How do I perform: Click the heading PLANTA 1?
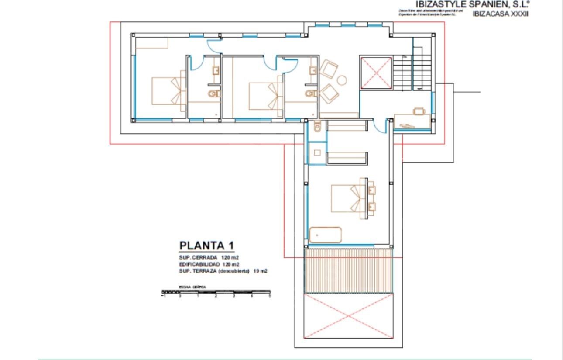tap(207, 246)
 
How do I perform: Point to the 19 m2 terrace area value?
tap(260, 271)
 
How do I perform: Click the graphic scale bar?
tap(216, 291)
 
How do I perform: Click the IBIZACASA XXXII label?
tap(500, 14)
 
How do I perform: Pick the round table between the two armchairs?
tap(342, 80)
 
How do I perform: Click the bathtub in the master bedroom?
tap(325, 235)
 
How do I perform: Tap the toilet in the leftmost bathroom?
tap(213, 93)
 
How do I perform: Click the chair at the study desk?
tap(419, 111)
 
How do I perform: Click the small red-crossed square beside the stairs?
tap(376, 73)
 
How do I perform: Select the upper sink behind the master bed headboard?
tap(371, 190)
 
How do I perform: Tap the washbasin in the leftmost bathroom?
tap(216, 70)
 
